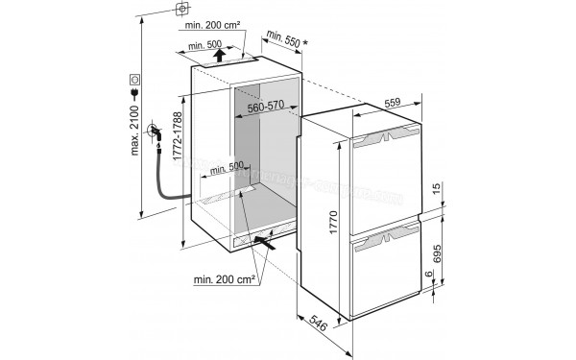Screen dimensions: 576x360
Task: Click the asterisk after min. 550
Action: coord(305,42)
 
